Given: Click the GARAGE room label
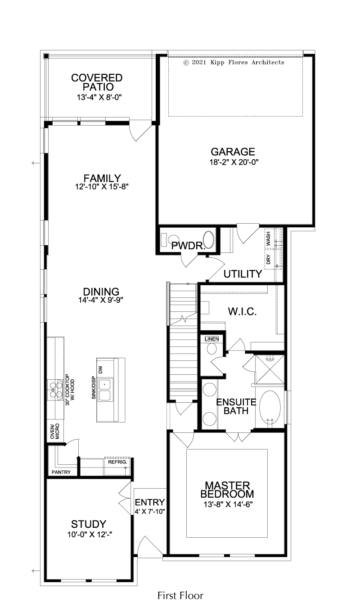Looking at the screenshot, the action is point(233,152).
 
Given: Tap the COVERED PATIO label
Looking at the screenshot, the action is point(97,82).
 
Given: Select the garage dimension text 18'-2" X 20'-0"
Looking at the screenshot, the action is point(234,162).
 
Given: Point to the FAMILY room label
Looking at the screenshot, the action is point(102,178).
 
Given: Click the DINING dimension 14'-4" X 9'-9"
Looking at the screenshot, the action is point(101,300).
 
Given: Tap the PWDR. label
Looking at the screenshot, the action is point(188,246).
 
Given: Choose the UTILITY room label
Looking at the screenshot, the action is point(243,274).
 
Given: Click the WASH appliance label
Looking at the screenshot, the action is point(268,238).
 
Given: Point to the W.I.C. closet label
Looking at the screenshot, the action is point(243,312).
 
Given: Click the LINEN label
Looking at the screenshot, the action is point(211,339).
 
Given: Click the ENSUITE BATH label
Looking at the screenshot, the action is point(236,406).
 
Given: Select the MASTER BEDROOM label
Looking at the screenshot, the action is point(227,490).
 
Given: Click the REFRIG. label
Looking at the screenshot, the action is point(117,462).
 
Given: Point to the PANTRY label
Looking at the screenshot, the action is point(61,472).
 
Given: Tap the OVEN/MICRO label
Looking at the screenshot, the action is point(55,431).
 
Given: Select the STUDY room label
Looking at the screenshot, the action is point(89,524).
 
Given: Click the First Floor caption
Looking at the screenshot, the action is point(180,595).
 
